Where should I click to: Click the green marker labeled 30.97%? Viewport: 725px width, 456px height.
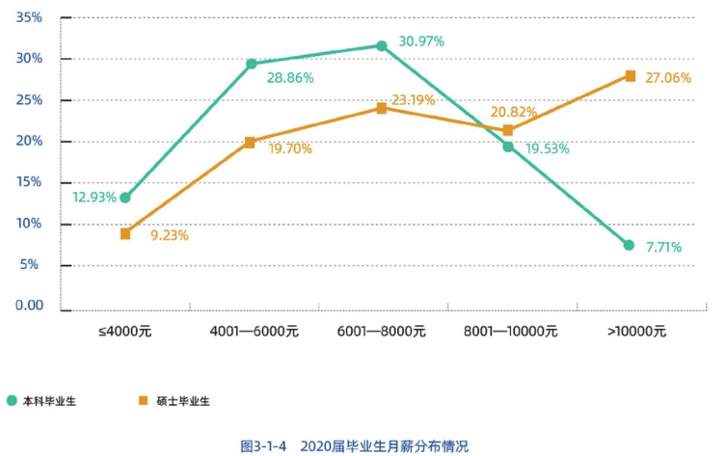coord(382,45)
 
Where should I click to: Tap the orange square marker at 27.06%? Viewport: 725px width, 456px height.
coord(631,76)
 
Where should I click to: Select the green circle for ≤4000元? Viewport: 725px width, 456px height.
coord(125,198)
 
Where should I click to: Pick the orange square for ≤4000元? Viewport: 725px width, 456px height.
coord(125,233)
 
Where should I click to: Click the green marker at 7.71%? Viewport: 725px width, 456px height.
coord(629,245)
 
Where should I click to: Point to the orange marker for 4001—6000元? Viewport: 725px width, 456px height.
coord(250,142)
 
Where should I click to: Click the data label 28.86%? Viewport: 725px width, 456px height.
coord(290,77)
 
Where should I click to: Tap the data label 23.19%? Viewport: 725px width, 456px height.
coord(414,99)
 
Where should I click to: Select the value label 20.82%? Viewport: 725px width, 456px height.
coord(514,112)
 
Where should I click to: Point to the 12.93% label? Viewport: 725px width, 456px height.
coord(94,197)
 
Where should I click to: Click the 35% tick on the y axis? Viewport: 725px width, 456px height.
coord(30,18)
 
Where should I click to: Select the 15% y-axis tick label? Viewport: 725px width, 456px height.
coord(30,182)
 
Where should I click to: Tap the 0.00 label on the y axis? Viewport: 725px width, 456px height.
coord(29,305)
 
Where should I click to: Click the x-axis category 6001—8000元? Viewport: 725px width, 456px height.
coord(382,331)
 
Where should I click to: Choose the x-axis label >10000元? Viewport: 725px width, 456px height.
coord(636,331)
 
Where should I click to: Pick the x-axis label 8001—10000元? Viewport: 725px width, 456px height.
coord(510,331)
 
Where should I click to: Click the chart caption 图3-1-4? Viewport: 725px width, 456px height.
coord(264,445)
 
